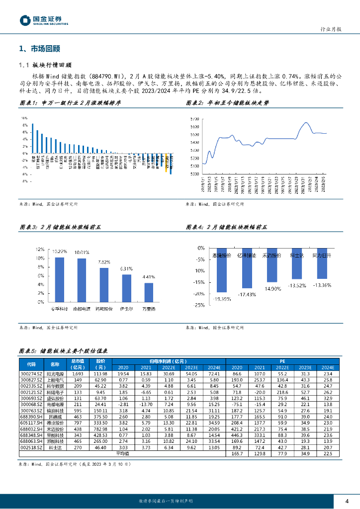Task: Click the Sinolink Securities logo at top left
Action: point(44,20)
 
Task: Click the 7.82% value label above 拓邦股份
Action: point(104,262)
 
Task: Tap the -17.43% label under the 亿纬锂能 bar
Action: point(247,294)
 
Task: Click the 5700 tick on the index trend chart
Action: point(194,119)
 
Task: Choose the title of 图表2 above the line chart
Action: point(227,103)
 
